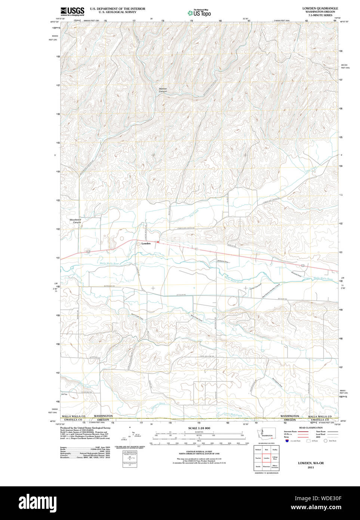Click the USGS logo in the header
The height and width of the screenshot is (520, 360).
coord(72,11)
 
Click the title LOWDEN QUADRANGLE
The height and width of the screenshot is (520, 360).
coord(320,8)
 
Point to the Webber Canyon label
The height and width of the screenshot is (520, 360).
coord(163,90)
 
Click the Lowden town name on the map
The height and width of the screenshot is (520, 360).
coord(146,244)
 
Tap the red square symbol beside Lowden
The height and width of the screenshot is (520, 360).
coord(158,242)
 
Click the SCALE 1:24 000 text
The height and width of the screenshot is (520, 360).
coord(199,428)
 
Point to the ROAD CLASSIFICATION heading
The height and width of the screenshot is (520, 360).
coord(311,428)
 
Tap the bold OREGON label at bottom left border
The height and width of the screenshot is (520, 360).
coord(103,420)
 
